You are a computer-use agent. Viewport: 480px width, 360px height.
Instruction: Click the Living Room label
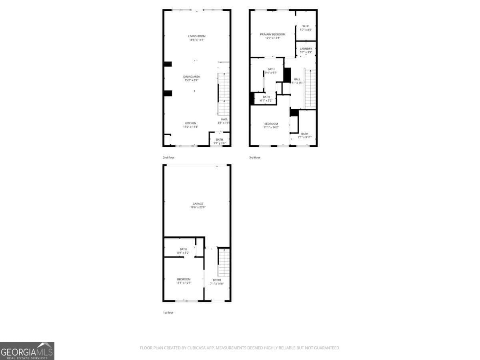tap(197, 36)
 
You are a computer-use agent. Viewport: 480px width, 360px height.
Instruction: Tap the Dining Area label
tap(192, 76)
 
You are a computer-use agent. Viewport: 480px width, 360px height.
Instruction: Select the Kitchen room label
tap(190, 123)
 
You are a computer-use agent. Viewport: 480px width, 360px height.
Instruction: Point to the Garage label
tap(197, 204)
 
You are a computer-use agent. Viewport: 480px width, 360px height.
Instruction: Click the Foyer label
tap(217, 280)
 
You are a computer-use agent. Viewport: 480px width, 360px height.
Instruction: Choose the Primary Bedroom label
tap(273, 34)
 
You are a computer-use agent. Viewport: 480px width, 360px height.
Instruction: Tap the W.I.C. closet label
tap(306, 26)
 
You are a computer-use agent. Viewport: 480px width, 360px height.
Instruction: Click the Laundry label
tap(306, 49)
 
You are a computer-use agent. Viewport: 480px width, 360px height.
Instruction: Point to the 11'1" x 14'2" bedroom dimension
tap(271, 127)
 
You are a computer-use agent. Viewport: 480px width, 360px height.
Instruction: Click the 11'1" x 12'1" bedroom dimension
tap(184, 283)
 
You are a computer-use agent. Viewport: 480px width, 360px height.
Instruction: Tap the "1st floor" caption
tap(168, 312)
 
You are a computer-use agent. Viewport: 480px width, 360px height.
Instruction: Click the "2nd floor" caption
tap(168, 158)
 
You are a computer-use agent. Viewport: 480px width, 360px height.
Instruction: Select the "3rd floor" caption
tap(254, 158)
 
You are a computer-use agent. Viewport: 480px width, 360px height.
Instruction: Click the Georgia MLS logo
tap(27, 351)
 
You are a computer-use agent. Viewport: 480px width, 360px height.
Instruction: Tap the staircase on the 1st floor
tap(224, 262)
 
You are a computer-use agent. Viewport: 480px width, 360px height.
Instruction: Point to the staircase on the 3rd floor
tap(310, 89)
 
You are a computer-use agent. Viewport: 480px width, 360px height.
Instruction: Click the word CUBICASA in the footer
tap(198, 348)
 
